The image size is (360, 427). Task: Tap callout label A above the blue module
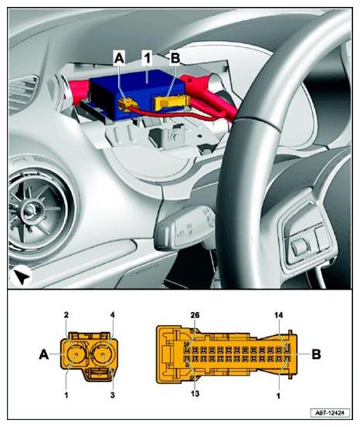click(x=119, y=58)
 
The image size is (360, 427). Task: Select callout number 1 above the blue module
click(x=147, y=58)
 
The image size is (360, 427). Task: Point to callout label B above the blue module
click(x=175, y=58)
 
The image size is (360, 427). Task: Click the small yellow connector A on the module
click(x=127, y=103)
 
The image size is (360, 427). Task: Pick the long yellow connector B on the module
click(x=171, y=103)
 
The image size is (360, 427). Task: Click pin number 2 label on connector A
click(x=66, y=315)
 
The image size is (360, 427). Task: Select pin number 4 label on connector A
click(x=113, y=315)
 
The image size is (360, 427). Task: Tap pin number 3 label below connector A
click(x=113, y=395)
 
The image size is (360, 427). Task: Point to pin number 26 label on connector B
click(x=195, y=315)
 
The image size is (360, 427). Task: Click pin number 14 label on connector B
click(x=279, y=315)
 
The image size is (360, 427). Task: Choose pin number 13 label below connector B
click(x=195, y=393)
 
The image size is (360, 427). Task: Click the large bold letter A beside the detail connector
click(x=44, y=354)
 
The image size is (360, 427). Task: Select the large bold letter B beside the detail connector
click(x=316, y=354)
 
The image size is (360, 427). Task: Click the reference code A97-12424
click(x=330, y=412)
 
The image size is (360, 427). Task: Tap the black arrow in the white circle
click(x=22, y=276)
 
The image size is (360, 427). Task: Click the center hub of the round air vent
click(x=29, y=210)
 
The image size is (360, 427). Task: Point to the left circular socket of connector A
click(x=75, y=355)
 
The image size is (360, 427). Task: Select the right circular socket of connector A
click(x=104, y=355)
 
